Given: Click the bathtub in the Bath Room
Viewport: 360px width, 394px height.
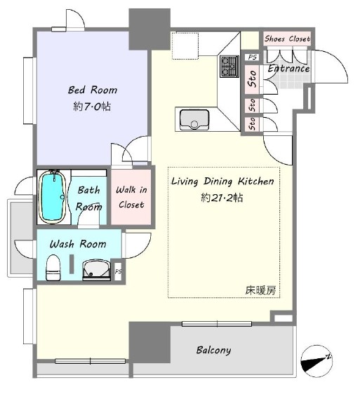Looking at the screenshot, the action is pyautogui.click(x=53, y=196).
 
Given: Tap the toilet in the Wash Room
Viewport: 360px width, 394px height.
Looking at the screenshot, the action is pyautogui.click(x=53, y=267).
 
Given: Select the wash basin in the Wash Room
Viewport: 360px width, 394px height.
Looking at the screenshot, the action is pyautogui.click(x=96, y=270).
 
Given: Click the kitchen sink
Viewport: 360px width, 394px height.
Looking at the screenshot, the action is pyautogui.click(x=194, y=120).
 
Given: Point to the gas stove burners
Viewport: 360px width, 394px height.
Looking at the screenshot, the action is pyautogui.click(x=229, y=66).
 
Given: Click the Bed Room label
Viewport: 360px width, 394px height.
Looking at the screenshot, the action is pyautogui.click(x=93, y=90).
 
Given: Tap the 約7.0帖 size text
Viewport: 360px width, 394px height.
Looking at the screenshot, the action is pyautogui.click(x=92, y=107).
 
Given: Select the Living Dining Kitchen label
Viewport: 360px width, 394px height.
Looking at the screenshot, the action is pyautogui.click(x=222, y=182).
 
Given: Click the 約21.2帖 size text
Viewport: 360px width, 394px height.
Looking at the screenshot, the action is pyautogui.click(x=222, y=198).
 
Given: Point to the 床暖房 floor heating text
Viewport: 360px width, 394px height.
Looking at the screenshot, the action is pyautogui.click(x=260, y=290).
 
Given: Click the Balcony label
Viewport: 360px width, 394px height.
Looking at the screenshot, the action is pyautogui.click(x=213, y=351).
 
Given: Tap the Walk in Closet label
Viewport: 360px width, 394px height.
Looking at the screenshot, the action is pyautogui.click(x=131, y=197).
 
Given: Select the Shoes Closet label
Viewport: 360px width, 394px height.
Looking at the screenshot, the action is pyautogui.click(x=287, y=39).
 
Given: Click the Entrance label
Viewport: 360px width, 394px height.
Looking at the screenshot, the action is pyautogui.click(x=288, y=68).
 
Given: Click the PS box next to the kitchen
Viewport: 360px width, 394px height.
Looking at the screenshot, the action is pyautogui.click(x=253, y=57).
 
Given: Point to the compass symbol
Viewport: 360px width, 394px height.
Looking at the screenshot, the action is pyautogui.click(x=316, y=361).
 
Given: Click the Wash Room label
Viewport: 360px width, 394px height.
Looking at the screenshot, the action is pyautogui.click(x=78, y=244).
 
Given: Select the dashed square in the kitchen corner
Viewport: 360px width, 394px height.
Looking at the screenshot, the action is pyautogui.click(x=185, y=46).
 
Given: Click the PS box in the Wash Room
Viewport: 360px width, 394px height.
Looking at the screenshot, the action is pyautogui.click(x=118, y=271).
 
